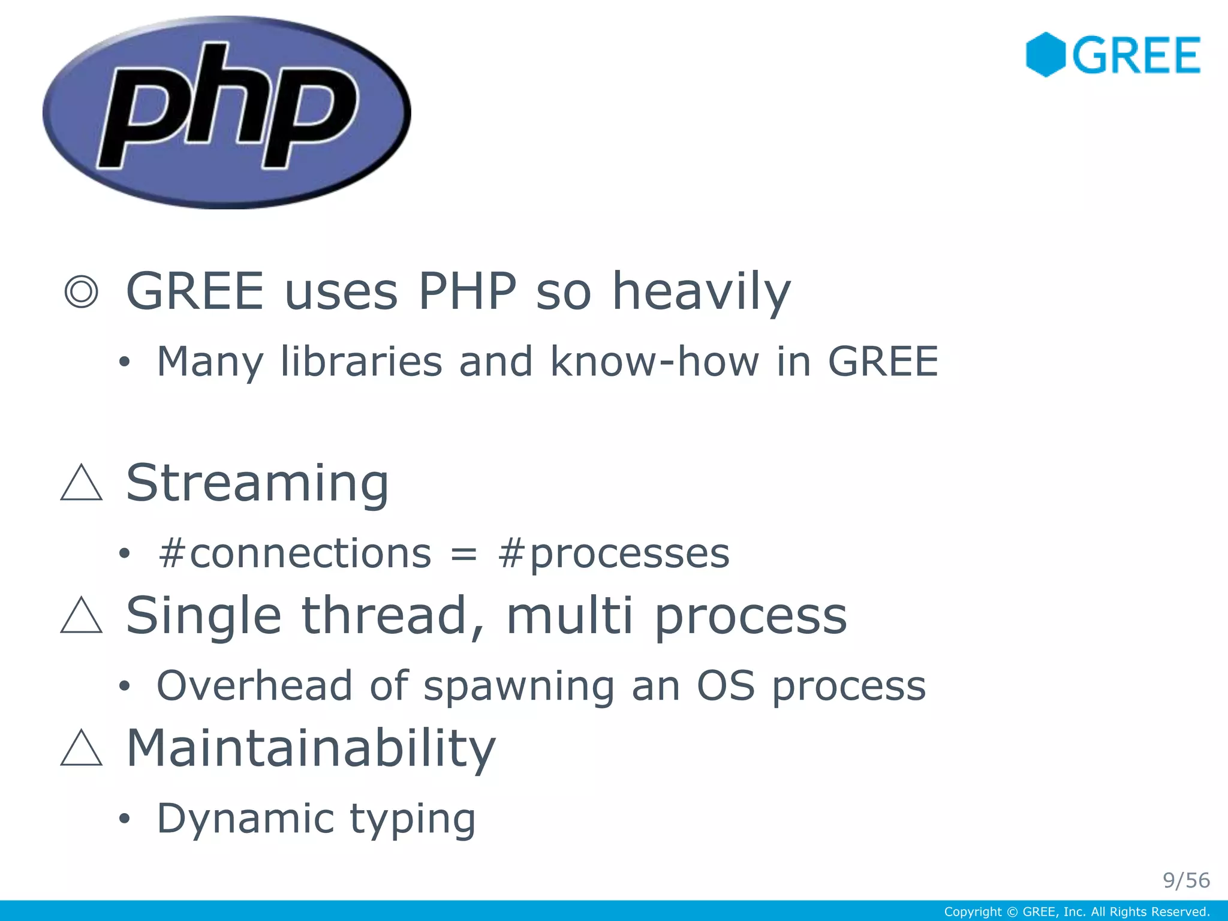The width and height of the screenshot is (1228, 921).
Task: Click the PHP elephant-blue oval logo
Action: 227,112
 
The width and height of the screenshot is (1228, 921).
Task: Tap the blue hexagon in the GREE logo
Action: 1045,55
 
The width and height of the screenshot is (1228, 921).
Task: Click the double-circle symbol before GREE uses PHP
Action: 81,292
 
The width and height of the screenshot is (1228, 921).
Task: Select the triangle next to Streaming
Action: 82,484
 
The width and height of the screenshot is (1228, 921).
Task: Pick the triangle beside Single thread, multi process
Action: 82,616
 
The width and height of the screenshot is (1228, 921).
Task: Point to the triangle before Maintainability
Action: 82,750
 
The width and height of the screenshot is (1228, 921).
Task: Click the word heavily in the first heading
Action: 701,292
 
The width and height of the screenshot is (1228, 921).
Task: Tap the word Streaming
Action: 258,483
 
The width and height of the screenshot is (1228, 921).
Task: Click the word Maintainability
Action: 311,748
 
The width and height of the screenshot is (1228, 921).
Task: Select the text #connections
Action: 294,553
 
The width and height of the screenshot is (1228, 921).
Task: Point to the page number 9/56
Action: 1186,880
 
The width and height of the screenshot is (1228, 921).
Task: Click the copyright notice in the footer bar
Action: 1077,912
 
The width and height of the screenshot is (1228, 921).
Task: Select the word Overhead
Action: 254,685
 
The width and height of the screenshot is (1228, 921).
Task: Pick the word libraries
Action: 361,362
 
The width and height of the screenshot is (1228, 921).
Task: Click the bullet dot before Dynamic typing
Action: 124,819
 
